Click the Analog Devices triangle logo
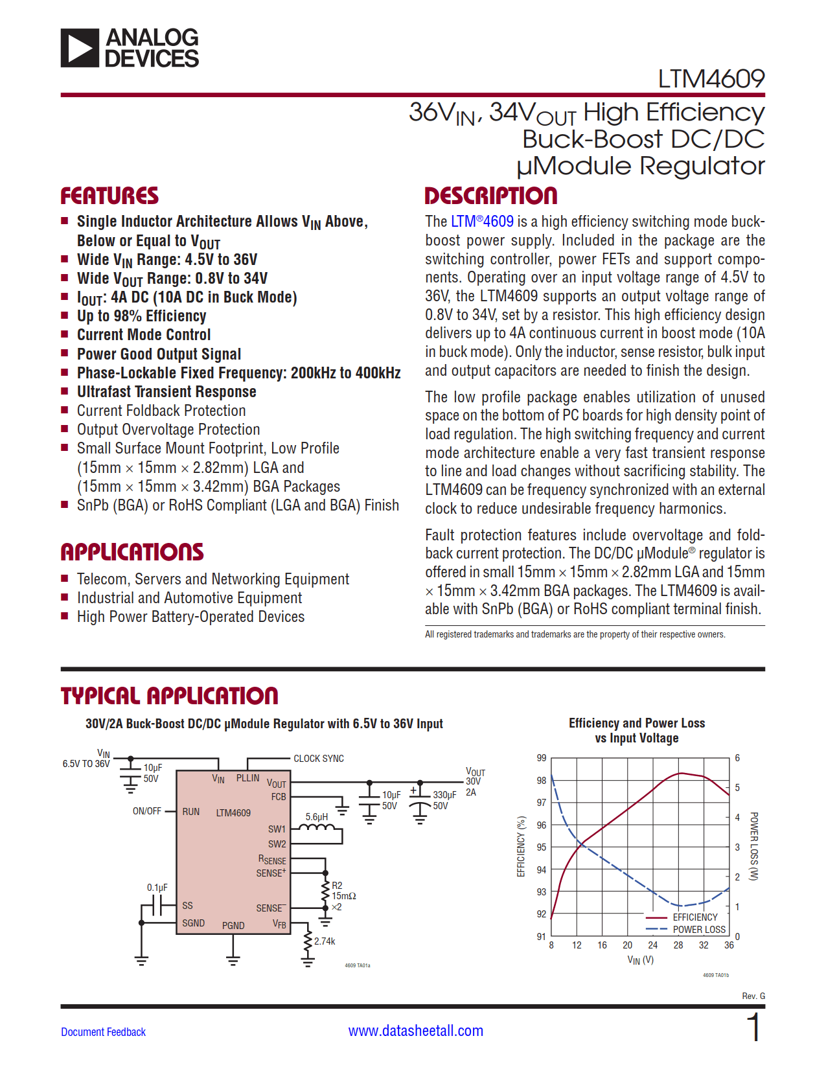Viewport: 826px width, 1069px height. point(80,48)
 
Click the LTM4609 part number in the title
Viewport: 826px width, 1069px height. point(711,79)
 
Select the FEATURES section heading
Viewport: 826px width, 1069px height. point(109,196)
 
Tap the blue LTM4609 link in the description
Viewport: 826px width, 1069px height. point(482,222)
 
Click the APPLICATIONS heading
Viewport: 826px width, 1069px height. point(132,552)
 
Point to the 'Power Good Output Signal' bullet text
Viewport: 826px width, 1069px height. point(159,354)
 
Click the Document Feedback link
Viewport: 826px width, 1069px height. point(103,1032)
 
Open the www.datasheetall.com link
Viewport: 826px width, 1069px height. point(415,1031)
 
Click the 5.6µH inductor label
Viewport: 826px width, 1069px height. point(317,817)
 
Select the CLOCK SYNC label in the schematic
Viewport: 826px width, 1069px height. point(319,759)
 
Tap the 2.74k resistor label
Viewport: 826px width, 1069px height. point(325,941)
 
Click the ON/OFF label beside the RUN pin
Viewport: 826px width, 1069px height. point(147,811)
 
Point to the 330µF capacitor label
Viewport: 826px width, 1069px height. point(444,795)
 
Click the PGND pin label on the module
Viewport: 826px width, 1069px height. point(233,926)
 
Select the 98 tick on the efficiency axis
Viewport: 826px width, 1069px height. point(542,781)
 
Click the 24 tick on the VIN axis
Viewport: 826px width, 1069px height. point(652,945)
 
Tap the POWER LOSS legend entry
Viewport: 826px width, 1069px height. point(699,930)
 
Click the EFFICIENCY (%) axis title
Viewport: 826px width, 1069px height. point(521,847)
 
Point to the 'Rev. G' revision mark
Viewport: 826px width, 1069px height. point(753,996)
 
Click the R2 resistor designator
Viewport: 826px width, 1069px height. point(337,886)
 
